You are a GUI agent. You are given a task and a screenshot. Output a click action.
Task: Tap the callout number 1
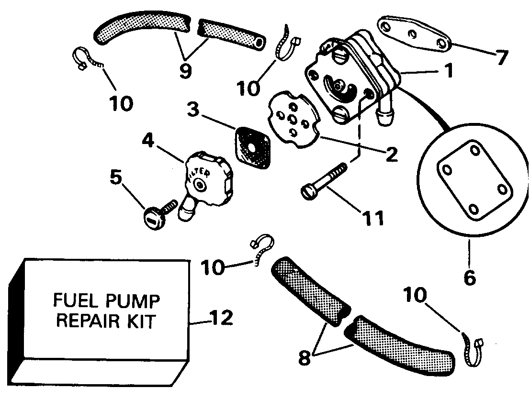pos(448,71)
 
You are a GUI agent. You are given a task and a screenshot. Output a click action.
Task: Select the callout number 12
pos(222,318)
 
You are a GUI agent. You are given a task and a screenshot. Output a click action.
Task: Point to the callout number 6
pos(470,277)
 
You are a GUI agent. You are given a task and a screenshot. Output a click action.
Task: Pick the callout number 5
pos(116,177)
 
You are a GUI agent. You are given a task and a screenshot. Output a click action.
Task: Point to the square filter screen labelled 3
pos(253,147)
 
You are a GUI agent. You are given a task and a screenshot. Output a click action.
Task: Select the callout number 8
pos(304,357)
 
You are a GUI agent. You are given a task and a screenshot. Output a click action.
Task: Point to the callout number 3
pos(193,110)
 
